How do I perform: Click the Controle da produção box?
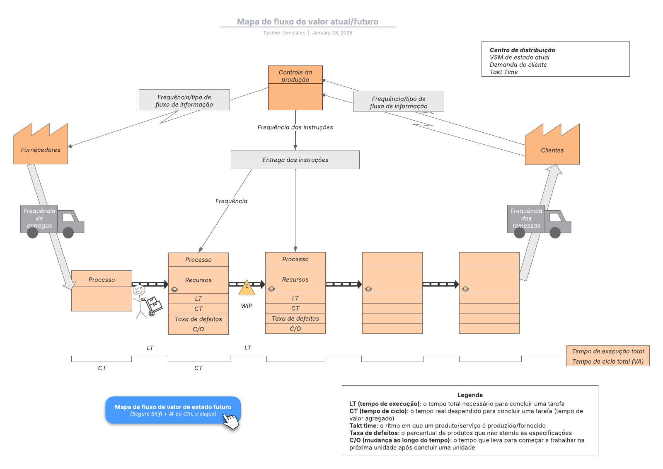295,88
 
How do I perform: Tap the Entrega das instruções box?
295,160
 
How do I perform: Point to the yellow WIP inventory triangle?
247,287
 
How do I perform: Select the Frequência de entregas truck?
52,220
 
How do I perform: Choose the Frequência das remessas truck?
539,220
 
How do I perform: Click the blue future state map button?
173,410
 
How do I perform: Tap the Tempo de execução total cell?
608,351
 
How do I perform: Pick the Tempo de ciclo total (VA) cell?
608,361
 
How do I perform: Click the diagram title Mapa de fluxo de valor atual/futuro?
307,22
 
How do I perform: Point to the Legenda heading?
470,395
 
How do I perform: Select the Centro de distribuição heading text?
522,50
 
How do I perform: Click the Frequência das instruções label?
295,127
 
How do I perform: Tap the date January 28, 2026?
332,33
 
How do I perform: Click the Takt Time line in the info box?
503,72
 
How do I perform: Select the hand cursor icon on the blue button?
231,421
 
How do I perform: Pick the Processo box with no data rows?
102,290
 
